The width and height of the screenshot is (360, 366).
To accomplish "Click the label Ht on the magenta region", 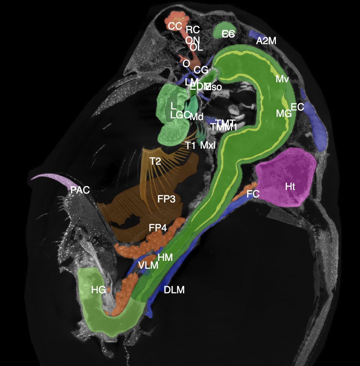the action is click(290, 186).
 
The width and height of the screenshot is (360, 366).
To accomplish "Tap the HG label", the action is click(98, 290).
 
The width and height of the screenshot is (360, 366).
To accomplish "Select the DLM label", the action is click(174, 290).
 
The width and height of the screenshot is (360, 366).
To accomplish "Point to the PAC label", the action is click(80, 190).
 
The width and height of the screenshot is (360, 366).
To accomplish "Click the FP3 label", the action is click(166, 199).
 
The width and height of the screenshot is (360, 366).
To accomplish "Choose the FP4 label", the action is click(158, 228).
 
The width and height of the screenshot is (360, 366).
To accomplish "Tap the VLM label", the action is click(148, 265).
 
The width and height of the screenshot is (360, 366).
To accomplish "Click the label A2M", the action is click(266, 41).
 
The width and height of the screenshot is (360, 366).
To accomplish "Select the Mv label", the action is click(282, 79).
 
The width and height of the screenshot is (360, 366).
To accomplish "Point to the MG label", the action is click(284, 114).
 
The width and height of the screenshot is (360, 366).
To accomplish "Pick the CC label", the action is click(175, 26).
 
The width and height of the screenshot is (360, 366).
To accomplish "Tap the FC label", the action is click(253, 194).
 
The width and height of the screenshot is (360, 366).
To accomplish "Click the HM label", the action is click(165, 257).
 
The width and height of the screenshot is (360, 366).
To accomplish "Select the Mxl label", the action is click(208, 145).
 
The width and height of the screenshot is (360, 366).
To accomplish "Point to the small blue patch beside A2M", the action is click(253, 34).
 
